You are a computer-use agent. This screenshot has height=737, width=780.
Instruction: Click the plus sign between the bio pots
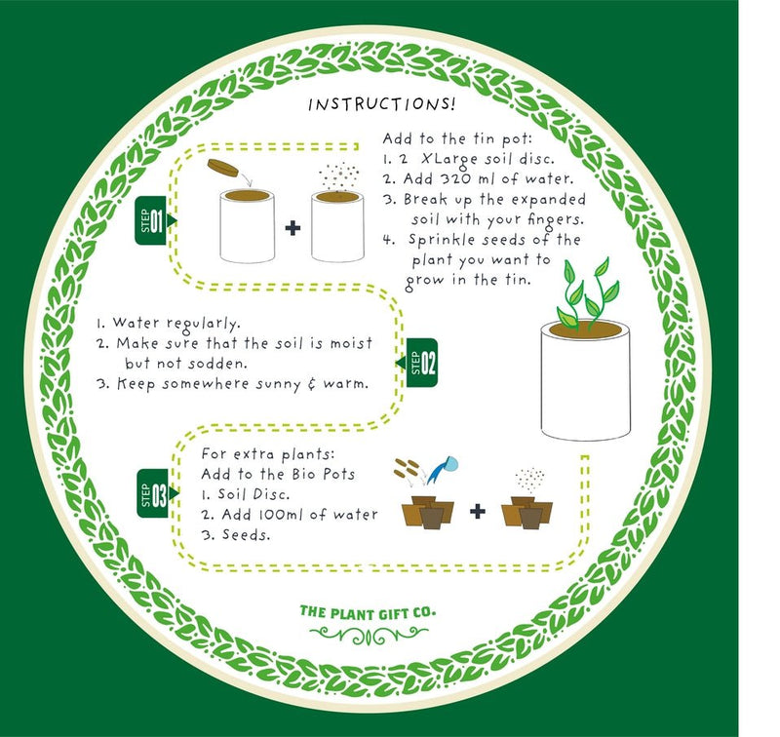pyautogui.click(x=477, y=511)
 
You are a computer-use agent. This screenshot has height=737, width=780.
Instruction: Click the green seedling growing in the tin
pyautogui.click(x=585, y=293)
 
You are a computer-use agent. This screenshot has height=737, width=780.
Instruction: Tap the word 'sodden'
pyautogui.click(x=232, y=362)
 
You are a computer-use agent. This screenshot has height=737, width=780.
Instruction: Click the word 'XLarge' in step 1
pyautogui.click(x=444, y=158)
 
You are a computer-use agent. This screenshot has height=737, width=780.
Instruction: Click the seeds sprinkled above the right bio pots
pyautogui.click(x=530, y=479)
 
